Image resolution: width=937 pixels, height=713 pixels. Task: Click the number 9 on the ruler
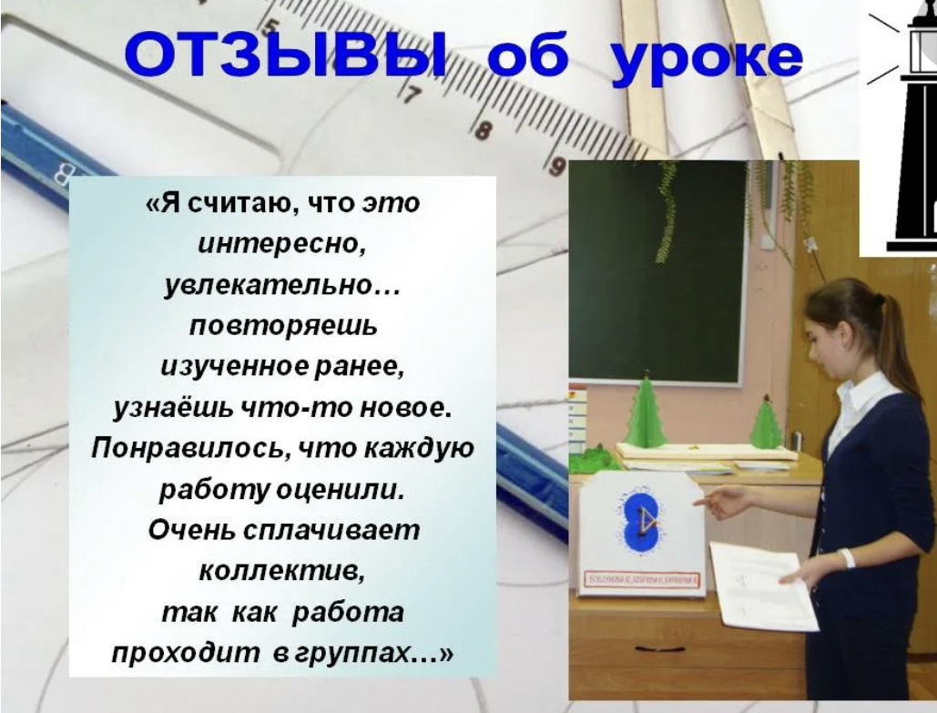(x=556, y=166)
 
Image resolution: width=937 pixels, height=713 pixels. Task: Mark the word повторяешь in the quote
(x=282, y=325)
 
